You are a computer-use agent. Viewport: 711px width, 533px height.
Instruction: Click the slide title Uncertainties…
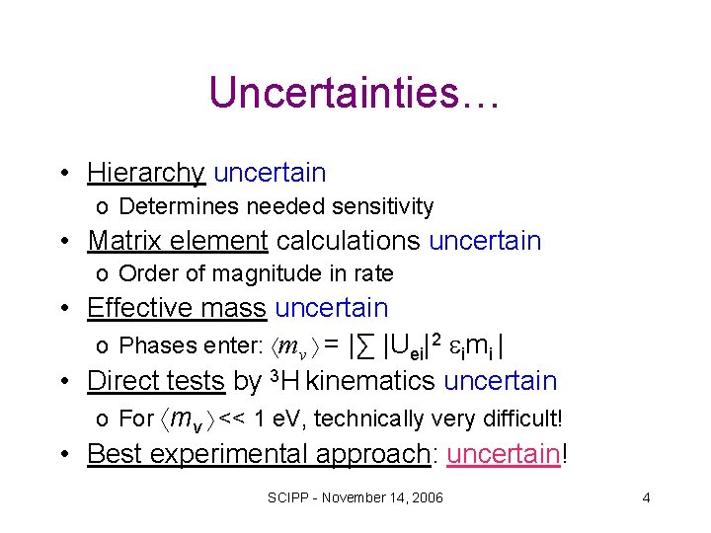(355, 94)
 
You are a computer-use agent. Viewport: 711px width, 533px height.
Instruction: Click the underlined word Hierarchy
(145, 173)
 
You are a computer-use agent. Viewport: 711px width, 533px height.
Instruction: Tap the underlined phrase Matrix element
(178, 240)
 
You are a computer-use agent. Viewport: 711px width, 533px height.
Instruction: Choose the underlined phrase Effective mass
(177, 308)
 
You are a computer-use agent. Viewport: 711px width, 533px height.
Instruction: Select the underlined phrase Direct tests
(156, 381)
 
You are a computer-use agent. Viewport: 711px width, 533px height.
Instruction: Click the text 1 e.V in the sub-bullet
(275, 419)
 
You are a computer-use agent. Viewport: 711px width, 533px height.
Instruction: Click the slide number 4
(646, 497)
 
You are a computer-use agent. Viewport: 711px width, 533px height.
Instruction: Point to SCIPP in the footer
(287, 497)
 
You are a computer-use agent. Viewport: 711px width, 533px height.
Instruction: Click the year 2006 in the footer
(427, 497)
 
